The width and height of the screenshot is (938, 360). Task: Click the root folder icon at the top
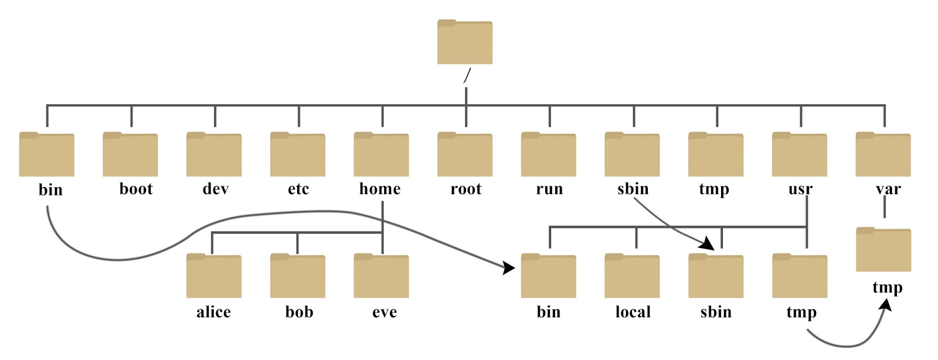click(465, 42)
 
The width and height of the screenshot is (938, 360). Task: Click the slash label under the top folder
click(467, 76)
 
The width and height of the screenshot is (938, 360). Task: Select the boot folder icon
click(130, 155)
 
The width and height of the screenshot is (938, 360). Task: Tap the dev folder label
click(215, 189)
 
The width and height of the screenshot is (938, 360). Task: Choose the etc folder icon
click(298, 155)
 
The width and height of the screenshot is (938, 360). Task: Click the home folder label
click(380, 189)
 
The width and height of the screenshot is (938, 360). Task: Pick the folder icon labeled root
click(465, 155)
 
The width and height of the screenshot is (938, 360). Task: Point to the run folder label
click(549, 189)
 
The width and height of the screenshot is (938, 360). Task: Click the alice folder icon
click(214, 276)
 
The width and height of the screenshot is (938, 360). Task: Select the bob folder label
click(299, 312)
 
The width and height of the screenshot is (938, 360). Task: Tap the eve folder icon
click(381, 276)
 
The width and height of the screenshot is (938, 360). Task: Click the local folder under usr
click(632, 276)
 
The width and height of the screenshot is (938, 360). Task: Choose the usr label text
click(800, 189)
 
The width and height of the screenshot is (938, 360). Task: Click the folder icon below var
click(883, 250)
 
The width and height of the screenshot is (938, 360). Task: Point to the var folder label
click(888, 189)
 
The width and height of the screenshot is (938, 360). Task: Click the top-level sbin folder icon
click(632, 155)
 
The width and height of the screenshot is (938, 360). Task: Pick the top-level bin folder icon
click(47, 155)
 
